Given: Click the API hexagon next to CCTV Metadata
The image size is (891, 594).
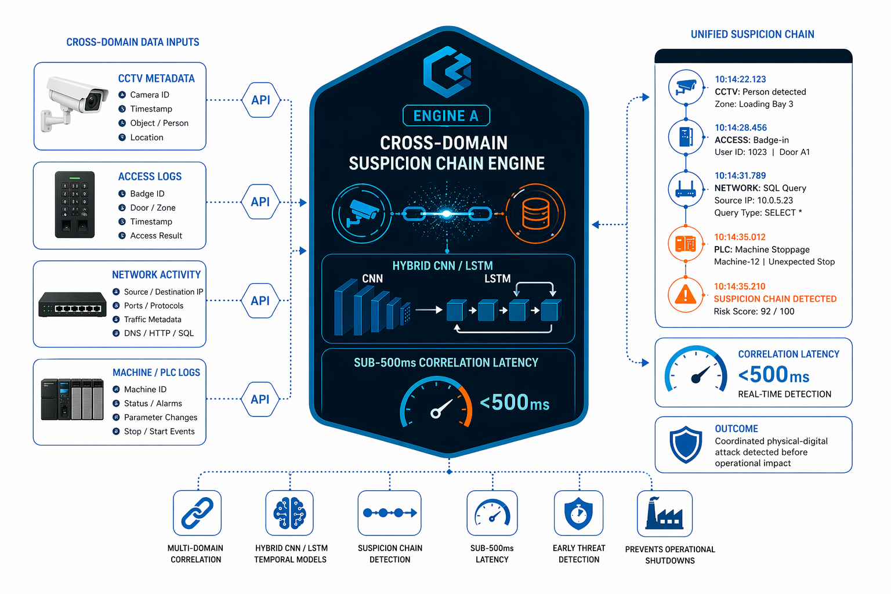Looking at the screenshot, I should pos(260,100).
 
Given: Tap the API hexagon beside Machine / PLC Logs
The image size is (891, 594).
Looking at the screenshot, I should pos(260,399).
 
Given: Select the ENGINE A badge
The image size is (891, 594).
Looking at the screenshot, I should pos(446,116).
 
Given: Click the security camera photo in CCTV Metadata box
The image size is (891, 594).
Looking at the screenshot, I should pos(75,102).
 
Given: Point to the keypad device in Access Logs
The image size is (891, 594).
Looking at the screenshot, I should pos(75,204).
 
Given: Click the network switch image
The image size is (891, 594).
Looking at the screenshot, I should pos(73,305).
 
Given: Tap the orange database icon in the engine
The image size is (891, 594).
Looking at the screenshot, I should pos(535,213).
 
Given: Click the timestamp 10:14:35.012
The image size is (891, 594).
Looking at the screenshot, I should pos(740,237).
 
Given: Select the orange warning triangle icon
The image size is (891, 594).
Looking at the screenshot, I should pos(686,295).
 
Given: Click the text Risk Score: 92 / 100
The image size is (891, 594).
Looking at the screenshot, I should pos(754,312).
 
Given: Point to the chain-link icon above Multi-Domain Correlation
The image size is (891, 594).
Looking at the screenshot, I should pos(197,513).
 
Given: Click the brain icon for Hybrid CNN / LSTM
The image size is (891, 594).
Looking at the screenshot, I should pos(289,513).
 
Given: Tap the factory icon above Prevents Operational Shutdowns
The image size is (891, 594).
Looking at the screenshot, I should pos(664,513).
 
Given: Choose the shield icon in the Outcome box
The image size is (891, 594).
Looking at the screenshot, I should pos(686,445).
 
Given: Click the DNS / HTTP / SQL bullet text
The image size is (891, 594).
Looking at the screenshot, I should pos(158,333).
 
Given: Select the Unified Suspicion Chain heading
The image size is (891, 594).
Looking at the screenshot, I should pos(752,35).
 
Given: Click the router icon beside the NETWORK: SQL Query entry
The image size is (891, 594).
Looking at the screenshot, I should pos(686,189).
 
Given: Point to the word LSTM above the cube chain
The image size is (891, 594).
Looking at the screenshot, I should pos(497,279).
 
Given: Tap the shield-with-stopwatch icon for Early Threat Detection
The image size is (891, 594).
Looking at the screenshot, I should pos(578,513).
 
